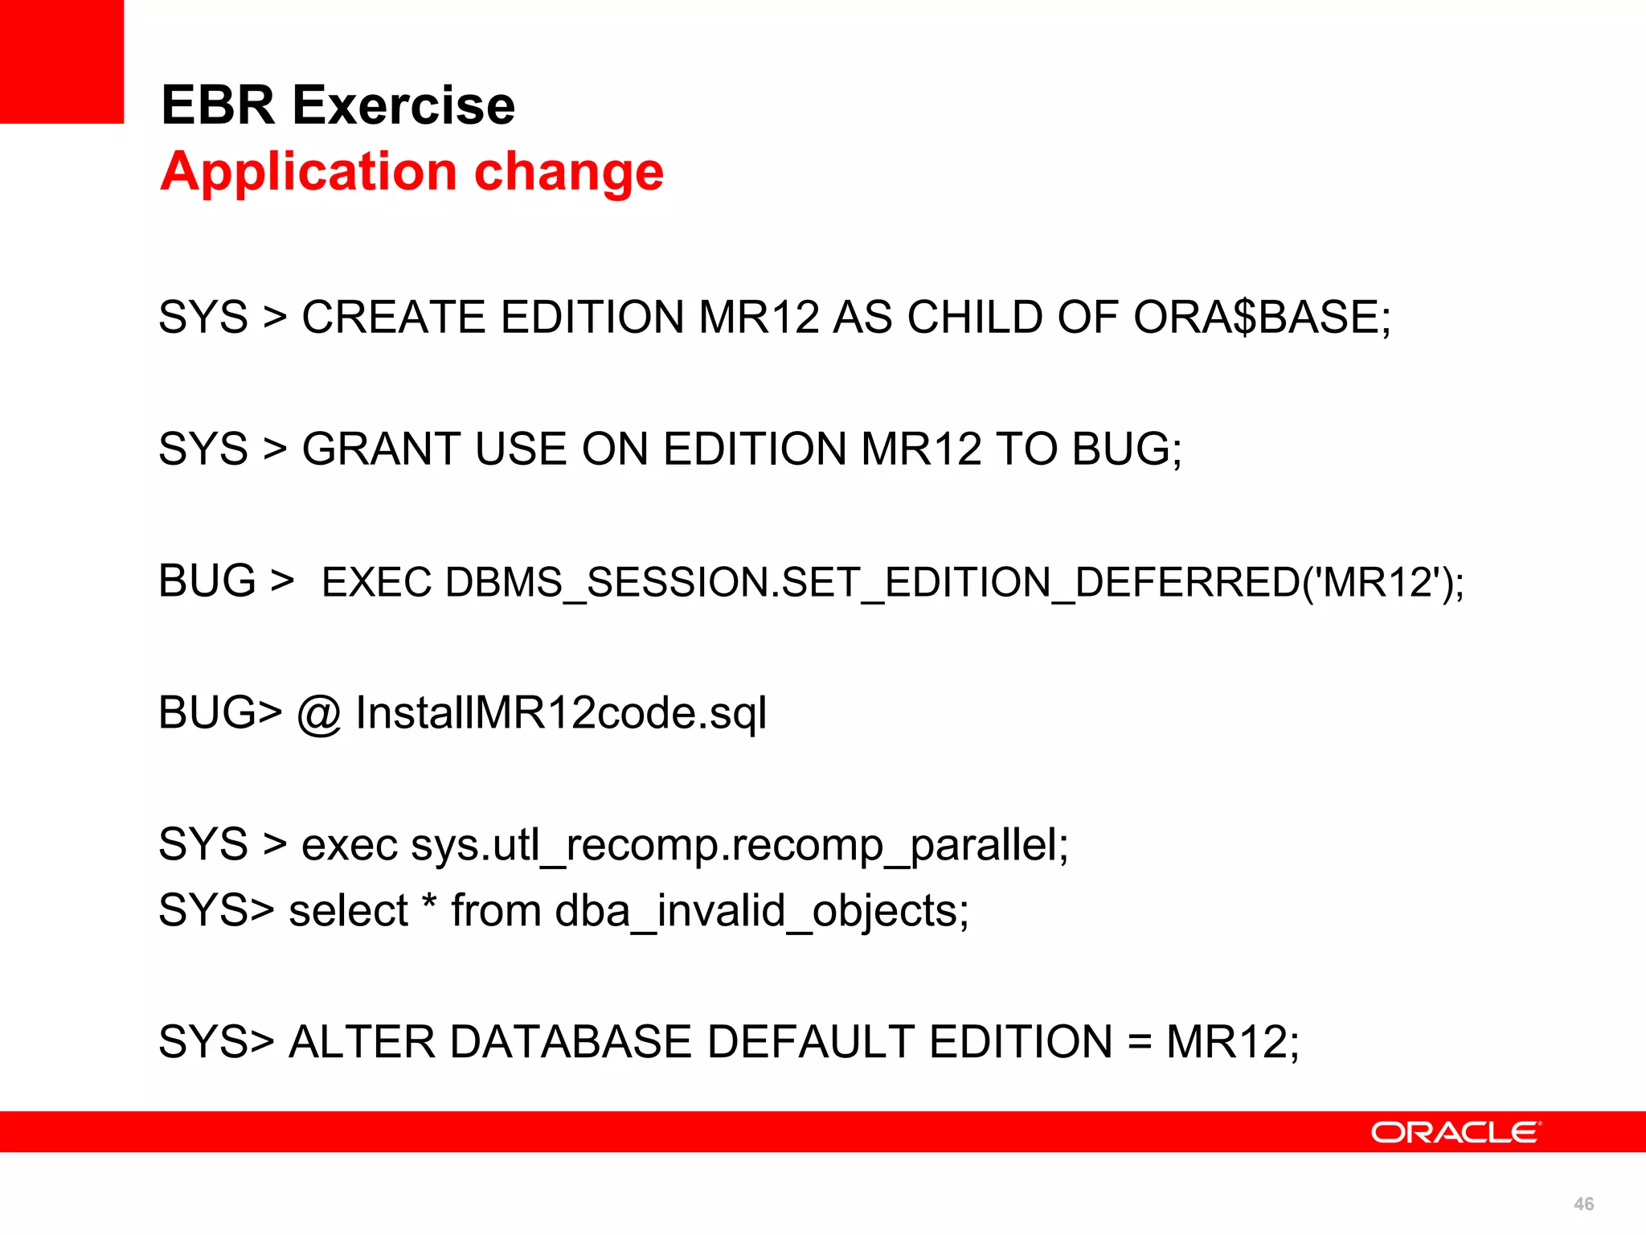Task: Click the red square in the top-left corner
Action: pos(61,61)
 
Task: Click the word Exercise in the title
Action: pos(403,106)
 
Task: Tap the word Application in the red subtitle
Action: pos(309,172)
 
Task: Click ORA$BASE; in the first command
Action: pos(1262,317)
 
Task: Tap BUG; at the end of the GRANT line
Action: pos(1127,449)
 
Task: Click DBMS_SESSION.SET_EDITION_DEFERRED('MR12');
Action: pos(955,583)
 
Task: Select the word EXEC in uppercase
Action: pos(376,583)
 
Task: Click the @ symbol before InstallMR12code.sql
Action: pos(319,714)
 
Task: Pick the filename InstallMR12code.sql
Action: pos(561,714)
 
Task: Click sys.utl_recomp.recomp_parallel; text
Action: pos(739,846)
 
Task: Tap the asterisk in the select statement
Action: pos(430,902)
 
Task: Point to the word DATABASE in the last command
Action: pos(569,1042)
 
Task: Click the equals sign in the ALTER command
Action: pos(1139,1044)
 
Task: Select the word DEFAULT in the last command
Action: pos(810,1042)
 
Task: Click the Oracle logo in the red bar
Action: pos(1456,1132)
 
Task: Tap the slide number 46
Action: pos(1583,1204)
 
